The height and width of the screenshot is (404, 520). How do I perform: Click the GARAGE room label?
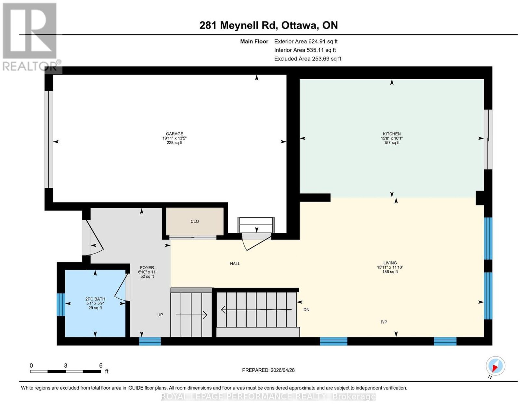point(175,134)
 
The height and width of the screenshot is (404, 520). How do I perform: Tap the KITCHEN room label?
point(392,134)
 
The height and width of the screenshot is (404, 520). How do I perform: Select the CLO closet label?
point(195,221)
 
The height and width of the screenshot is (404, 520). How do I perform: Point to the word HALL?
point(235,264)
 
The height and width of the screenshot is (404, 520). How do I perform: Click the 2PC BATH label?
point(95,299)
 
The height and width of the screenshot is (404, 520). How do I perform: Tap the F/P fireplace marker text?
point(384,322)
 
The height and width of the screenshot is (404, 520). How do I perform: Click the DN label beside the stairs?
point(306,310)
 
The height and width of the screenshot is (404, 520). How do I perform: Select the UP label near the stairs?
point(160,315)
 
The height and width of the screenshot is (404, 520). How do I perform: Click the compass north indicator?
point(495,366)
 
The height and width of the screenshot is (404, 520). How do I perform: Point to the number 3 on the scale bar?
point(66,366)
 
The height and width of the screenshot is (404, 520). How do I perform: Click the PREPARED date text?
point(268,370)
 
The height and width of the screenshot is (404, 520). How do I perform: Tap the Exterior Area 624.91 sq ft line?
point(306,41)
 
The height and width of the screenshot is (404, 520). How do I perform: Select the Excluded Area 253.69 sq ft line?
point(308,59)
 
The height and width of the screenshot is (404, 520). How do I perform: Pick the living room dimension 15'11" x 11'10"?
point(390,267)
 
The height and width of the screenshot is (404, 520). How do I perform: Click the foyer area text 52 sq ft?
point(147,277)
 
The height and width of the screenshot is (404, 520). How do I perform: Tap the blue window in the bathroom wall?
point(61,305)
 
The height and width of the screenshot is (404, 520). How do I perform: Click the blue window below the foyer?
point(150,341)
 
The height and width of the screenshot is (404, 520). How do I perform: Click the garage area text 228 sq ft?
point(175,143)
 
